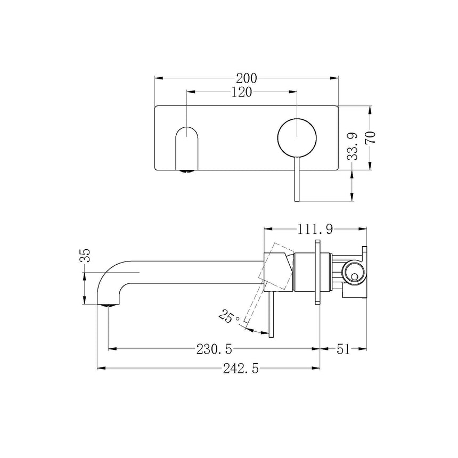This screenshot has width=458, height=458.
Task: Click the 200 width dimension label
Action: click(x=247, y=78)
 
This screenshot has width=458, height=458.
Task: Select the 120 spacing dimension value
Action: click(x=241, y=92)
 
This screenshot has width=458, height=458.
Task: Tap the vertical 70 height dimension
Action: click(x=371, y=137)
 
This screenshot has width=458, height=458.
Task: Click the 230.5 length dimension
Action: click(x=214, y=349)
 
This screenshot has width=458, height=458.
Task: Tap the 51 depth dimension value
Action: click(x=343, y=349)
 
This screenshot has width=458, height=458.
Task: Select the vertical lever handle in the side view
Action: click(x=272, y=314)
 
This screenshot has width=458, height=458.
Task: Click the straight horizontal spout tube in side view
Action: click(x=197, y=271)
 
